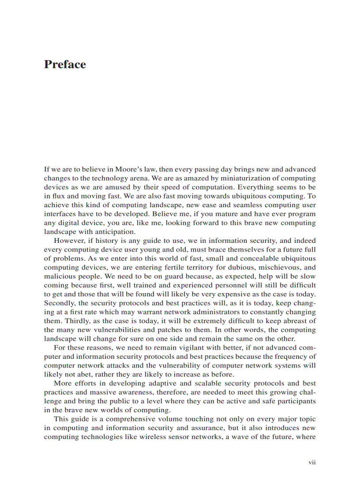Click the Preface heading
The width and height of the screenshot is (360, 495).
(x=65, y=64)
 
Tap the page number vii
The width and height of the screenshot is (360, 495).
(x=312, y=462)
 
